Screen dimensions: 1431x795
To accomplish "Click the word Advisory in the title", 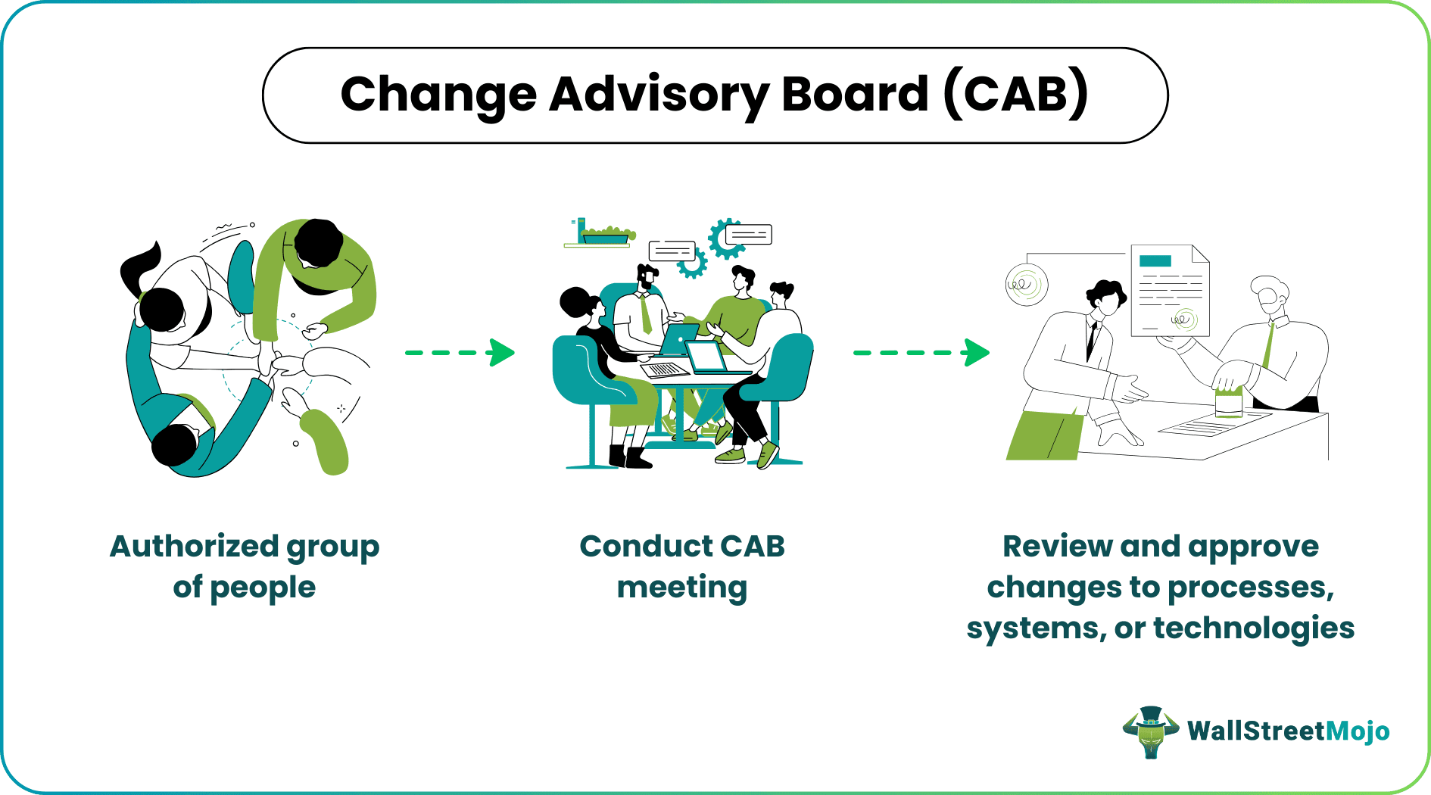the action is click(x=659, y=96).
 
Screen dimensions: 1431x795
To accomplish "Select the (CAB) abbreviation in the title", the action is click(x=1016, y=94).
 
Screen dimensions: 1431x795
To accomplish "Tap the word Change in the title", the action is click(x=439, y=95).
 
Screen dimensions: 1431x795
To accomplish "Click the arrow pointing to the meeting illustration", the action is click(x=460, y=352).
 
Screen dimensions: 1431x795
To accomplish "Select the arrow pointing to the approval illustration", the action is click(x=921, y=352).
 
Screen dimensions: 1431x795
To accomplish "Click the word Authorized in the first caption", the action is click(x=195, y=546).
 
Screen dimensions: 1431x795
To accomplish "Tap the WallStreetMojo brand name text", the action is click(x=1289, y=731).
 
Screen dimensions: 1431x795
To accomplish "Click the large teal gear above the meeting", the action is click(x=727, y=238).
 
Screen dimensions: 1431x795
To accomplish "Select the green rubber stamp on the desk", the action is click(x=1229, y=402).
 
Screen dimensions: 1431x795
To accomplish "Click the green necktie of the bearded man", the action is click(x=645, y=313).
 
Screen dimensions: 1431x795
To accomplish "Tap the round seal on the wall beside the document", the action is click(x=1027, y=285).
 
